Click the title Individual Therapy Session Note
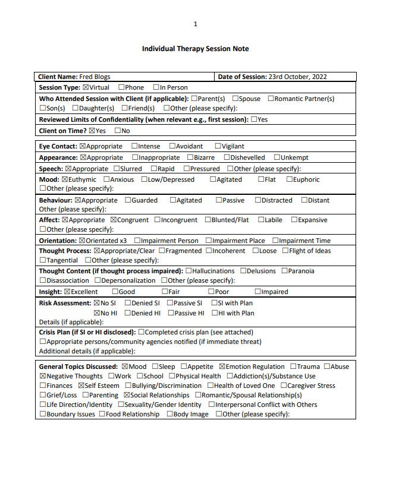click(195, 49)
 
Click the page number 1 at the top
click(195, 24)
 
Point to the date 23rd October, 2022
click(298, 77)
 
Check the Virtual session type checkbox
click(86, 87)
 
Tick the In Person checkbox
click(156, 87)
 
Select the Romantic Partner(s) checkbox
click(271, 99)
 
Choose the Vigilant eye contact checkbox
click(218, 146)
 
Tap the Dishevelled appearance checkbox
click(227, 157)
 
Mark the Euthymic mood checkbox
click(65, 179)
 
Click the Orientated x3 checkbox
click(82, 241)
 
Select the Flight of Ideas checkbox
click(285, 251)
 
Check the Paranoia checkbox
click(284, 271)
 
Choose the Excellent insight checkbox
click(67, 292)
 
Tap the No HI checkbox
click(97, 313)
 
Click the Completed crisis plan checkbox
click(142, 332)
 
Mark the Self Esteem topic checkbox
click(81, 386)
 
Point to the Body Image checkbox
click(169, 414)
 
